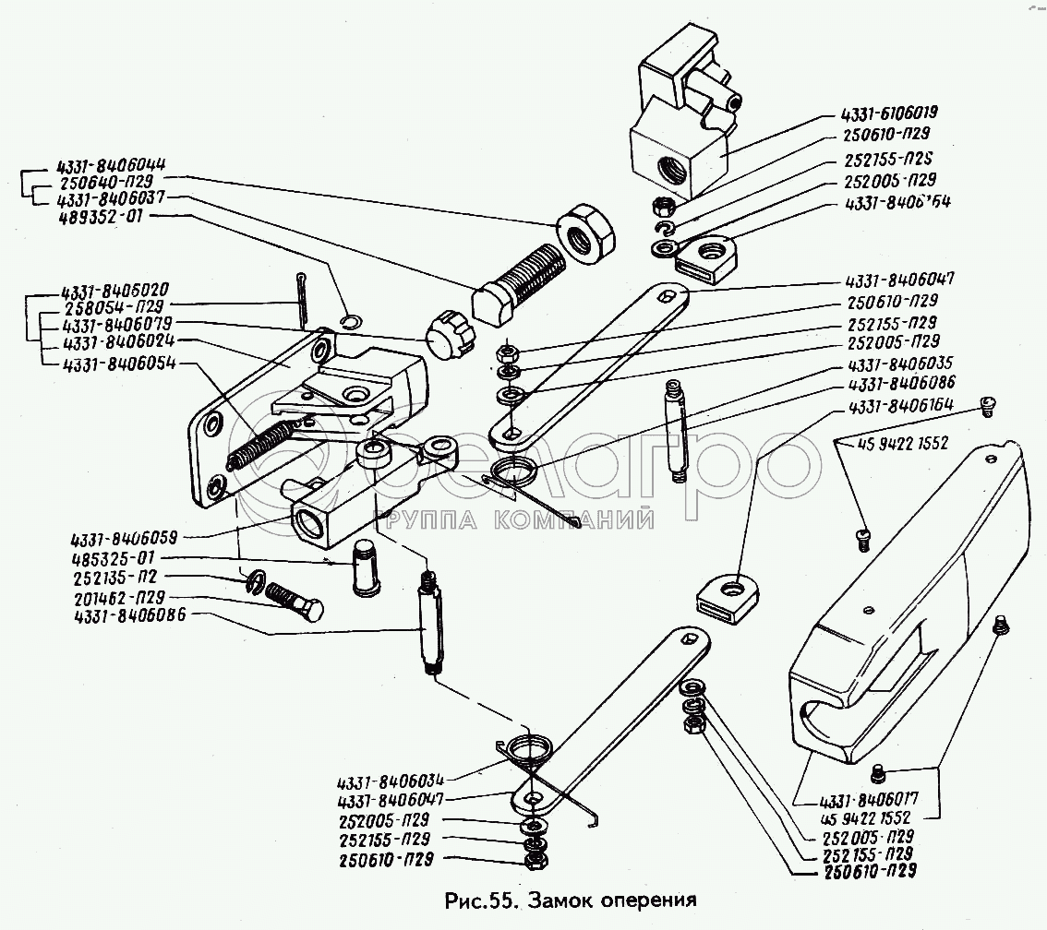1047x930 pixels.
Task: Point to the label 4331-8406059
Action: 125,537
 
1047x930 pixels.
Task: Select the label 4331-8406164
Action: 891,403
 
